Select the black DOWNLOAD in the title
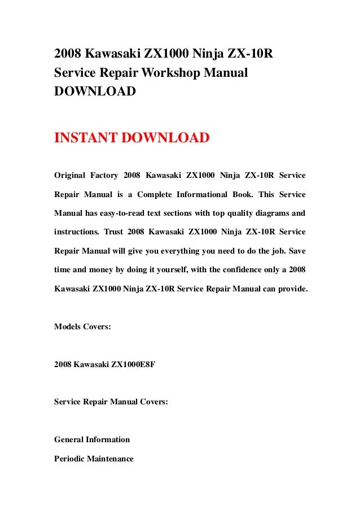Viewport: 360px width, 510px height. (x=94, y=91)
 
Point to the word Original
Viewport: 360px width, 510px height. (x=70, y=176)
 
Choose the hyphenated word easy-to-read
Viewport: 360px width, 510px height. (x=121, y=213)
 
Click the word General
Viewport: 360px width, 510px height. (x=69, y=439)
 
